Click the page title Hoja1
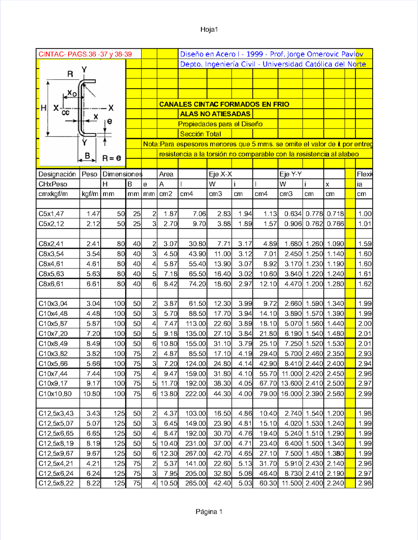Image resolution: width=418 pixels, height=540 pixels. coord(209,30)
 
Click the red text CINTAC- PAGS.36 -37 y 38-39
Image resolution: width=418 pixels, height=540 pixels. coord(85,54)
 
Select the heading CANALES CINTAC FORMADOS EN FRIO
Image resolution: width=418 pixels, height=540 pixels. coord(224,104)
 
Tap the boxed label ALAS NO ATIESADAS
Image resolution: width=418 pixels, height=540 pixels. coord(215,114)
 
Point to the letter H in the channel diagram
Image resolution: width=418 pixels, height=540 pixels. coord(44,108)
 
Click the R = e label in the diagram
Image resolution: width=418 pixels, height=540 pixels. coord(111,158)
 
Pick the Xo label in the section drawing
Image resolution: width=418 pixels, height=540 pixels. coord(72,93)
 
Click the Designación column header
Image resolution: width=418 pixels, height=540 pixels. coord(57,174)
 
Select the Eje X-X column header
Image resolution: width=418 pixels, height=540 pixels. coord(220,174)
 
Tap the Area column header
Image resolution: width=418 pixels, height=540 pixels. coord(166,174)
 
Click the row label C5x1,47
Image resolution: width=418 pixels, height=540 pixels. coord(51,214)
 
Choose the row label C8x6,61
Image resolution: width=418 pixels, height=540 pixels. coord(51,284)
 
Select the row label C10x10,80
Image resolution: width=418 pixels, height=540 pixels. coord(55,394)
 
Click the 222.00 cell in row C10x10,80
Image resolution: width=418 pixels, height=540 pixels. coord(195,394)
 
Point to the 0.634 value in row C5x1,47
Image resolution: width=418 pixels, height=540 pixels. coord(293,214)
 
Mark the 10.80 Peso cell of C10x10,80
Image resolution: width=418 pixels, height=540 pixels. coord(91,394)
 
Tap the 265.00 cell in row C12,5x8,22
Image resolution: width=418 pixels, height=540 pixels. coord(195,483)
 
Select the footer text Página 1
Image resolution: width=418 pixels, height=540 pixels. coord(209,511)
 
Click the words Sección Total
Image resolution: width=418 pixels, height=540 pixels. coord(200,134)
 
